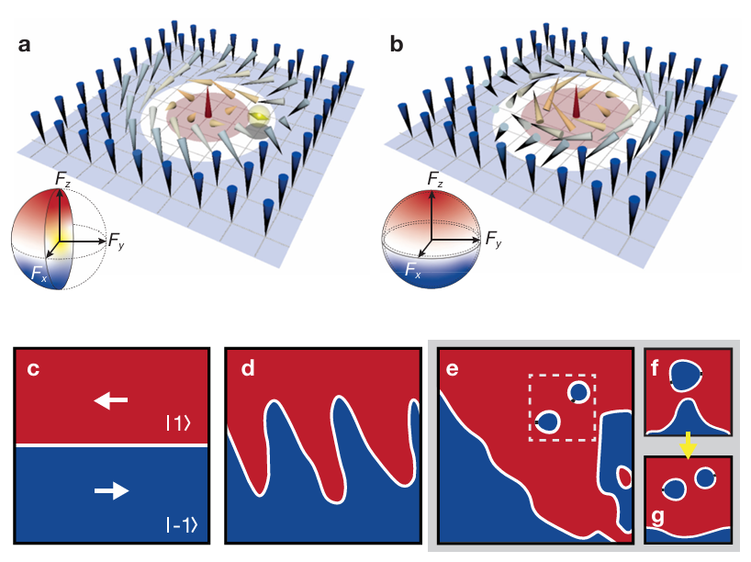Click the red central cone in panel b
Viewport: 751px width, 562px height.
pos(576,104)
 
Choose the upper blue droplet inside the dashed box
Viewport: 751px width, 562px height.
pos(577,392)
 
